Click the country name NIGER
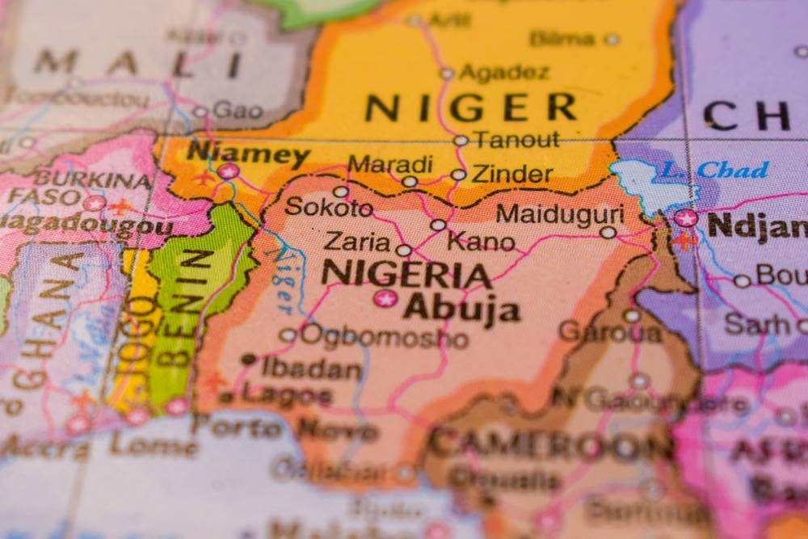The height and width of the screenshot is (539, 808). [470, 107]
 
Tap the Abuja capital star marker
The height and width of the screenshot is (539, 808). [385, 299]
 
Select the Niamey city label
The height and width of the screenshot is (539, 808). [247, 154]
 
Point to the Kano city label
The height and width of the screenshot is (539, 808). [481, 241]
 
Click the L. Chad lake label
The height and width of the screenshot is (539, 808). [712, 171]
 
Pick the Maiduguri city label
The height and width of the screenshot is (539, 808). [559, 214]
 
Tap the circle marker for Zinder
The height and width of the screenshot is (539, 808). [458, 175]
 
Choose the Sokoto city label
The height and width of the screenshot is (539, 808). [328, 207]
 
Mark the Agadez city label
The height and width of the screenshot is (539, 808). [503, 73]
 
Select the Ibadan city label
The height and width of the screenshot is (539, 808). [311, 368]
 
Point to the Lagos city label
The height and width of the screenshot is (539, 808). [287, 395]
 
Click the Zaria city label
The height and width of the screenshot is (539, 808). [356, 241]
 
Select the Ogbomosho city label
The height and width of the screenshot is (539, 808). [384, 336]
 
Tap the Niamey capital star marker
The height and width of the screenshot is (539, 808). [229, 171]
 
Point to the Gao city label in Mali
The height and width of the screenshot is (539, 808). [237, 112]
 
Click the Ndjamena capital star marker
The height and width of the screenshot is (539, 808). [686, 218]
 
